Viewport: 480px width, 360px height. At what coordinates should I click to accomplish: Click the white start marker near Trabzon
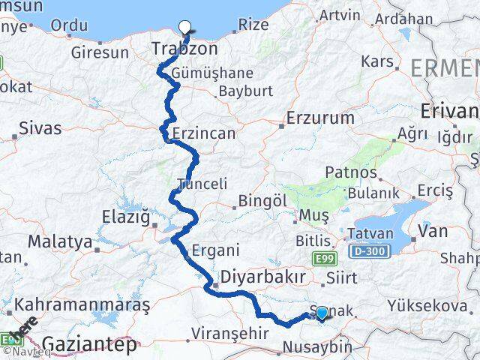pos(184,28)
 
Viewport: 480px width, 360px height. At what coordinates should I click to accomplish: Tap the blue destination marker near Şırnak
pos(322,313)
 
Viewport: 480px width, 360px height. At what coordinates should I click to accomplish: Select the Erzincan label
pos(203,133)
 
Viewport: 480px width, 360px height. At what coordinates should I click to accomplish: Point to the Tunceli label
pos(201,184)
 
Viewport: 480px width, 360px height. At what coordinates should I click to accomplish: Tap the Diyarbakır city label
pos(260,277)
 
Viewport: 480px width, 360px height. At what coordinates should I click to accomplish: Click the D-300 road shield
pos(365,250)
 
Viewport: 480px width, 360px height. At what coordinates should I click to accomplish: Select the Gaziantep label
pos(90,344)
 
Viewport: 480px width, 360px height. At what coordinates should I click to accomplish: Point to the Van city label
pos(433,231)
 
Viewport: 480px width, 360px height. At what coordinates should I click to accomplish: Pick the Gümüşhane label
pos(211,73)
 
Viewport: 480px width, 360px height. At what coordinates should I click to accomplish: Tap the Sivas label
pos(39,127)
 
